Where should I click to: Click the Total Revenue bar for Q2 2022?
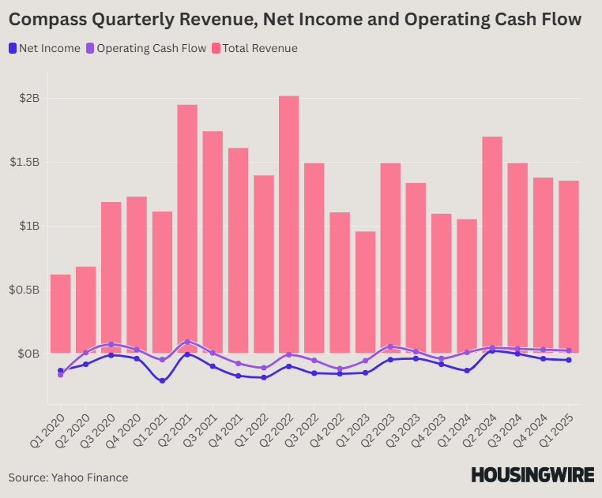tap(288, 221)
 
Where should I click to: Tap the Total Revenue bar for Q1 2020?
tap(60, 312)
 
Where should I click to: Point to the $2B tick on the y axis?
tap(30, 99)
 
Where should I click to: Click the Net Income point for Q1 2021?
tap(162, 381)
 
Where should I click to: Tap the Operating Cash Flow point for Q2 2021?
tap(187, 342)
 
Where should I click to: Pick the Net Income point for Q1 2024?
tap(467, 370)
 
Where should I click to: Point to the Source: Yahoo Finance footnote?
tap(68, 477)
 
